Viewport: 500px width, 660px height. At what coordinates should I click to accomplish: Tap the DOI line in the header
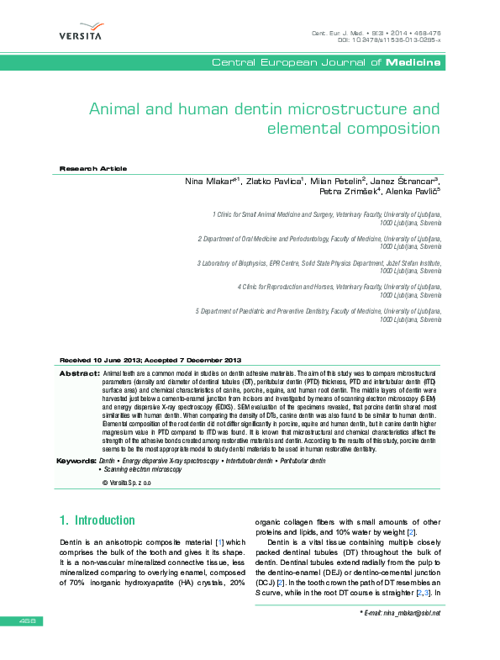click(388, 40)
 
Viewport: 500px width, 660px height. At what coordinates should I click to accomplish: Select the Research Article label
click(92, 169)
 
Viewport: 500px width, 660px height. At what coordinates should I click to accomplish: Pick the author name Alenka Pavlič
click(414, 192)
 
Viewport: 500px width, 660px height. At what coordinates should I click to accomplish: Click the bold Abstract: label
click(80, 372)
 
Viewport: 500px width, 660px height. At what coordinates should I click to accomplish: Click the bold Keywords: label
click(76, 461)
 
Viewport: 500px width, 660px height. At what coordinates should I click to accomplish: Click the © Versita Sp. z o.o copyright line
click(126, 484)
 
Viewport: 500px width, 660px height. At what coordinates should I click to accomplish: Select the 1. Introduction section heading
click(97, 520)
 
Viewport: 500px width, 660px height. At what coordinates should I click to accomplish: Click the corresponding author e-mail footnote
click(400, 613)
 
